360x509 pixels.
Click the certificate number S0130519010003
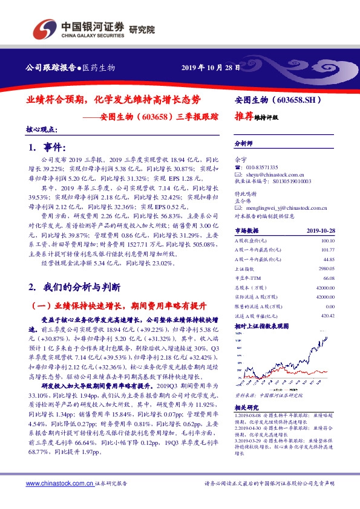pyautogui.click(x=290, y=180)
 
